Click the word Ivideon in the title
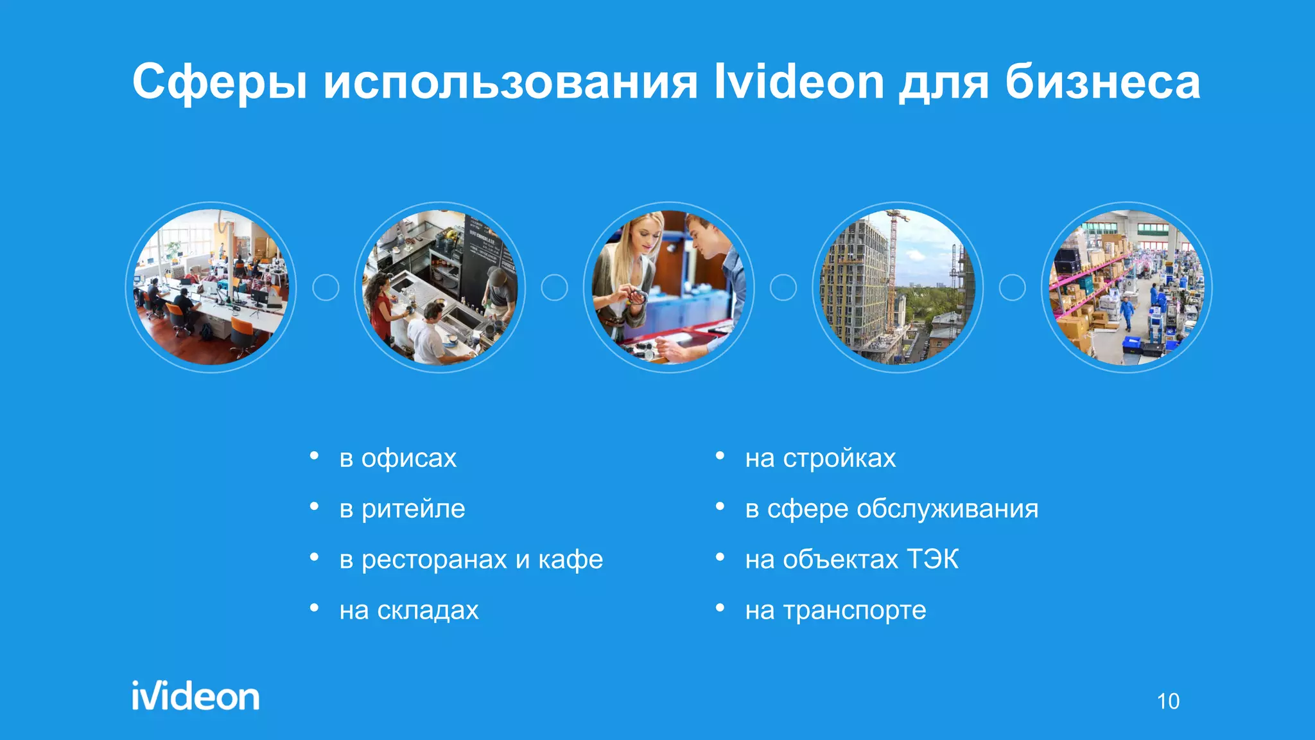pos(799,82)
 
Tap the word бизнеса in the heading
pos(1102,82)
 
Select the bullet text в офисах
pos(397,458)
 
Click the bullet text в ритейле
pos(402,509)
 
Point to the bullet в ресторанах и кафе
pos(471,559)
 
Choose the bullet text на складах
pos(409,610)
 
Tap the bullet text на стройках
pos(820,458)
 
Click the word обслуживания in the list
pos(947,509)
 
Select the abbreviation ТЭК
pos(932,559)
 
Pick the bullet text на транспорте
pos(835,610)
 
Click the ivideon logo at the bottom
pos(196,696)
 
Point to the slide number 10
pos(1168,701)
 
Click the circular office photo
pos(211,287)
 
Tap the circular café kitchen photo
pos(440,287)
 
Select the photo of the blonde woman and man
pos(668,287)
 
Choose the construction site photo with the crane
pos(898,287)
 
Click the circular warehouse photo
pos(1126,287)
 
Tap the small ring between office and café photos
pos(326,287)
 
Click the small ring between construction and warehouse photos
pos(1012,287)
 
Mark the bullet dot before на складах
pos(315,608)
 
